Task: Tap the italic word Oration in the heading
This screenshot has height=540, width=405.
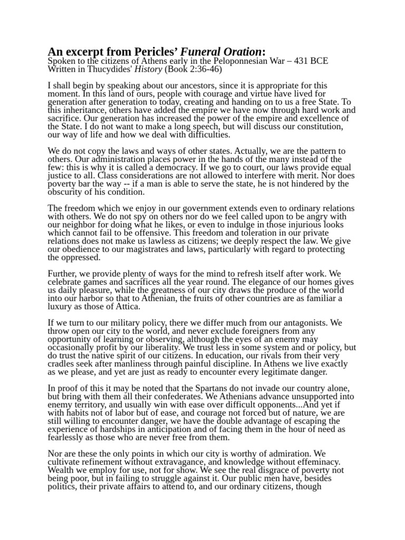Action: [x=240, y=52]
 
